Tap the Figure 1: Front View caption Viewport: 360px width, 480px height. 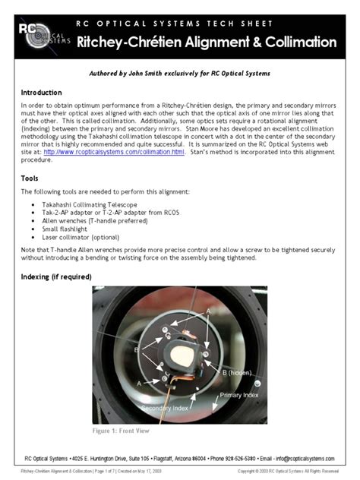click(121, 431)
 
